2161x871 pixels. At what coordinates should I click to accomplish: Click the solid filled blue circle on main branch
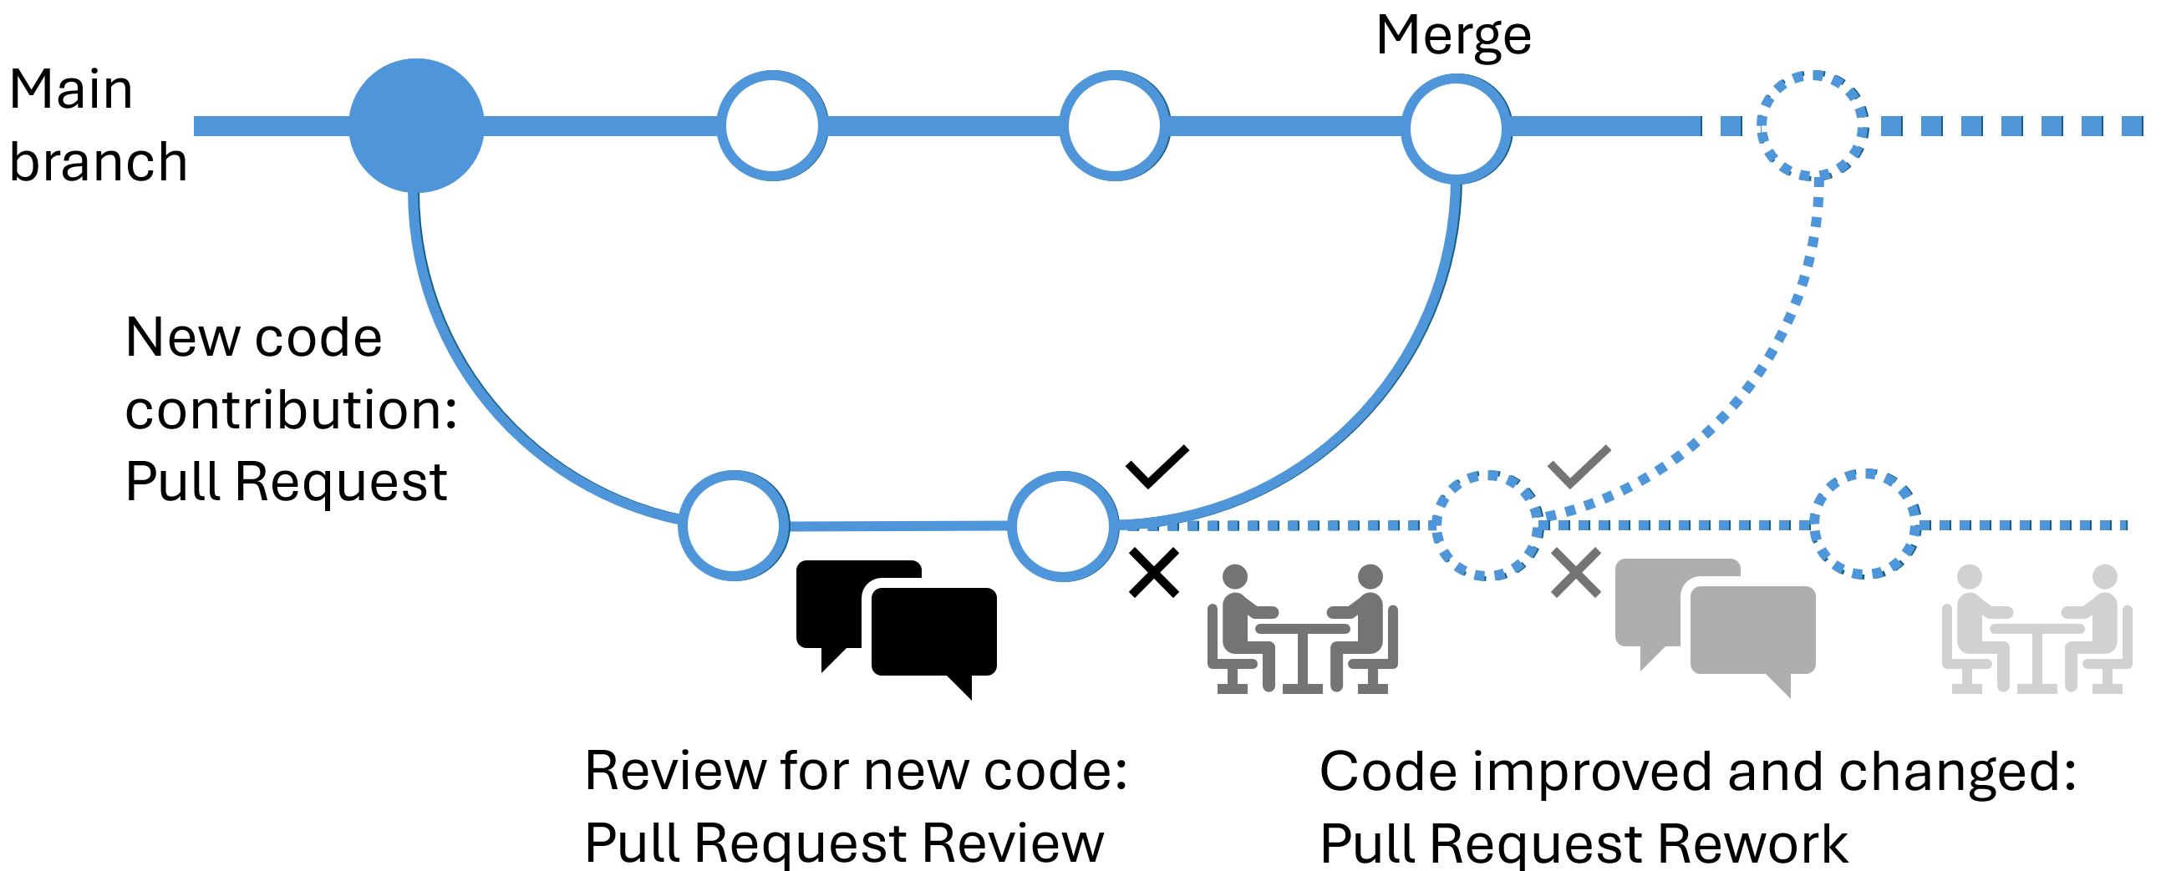[x=416, y=126]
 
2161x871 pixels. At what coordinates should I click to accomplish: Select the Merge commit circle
[x=1457, y=129]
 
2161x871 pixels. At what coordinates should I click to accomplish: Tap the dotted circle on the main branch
[x=1812, y=126]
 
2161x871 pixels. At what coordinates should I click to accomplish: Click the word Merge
[x=1454, y=36]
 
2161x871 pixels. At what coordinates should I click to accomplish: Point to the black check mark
[x=1157, y=466]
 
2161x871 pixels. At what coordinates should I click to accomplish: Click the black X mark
[x=1154, y=573]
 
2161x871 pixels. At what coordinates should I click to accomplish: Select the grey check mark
[x=1578, y=466]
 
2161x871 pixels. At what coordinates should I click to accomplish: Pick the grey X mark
[x=1575, y=573]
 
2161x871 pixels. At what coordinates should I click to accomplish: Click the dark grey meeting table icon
[x=1302, y=629]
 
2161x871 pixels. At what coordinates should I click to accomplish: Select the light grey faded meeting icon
[x=2036, y=629]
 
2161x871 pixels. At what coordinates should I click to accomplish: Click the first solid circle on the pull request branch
[x=734, y=525]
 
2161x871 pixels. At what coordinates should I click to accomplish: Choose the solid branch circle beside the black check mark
[x=1063, y=525]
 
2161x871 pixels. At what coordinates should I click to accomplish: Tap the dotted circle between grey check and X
[x=1487, y=525]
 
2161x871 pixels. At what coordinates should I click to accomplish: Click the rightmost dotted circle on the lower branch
[x=1865, y=524]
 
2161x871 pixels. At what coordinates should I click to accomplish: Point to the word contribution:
[x=291, y=410]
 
